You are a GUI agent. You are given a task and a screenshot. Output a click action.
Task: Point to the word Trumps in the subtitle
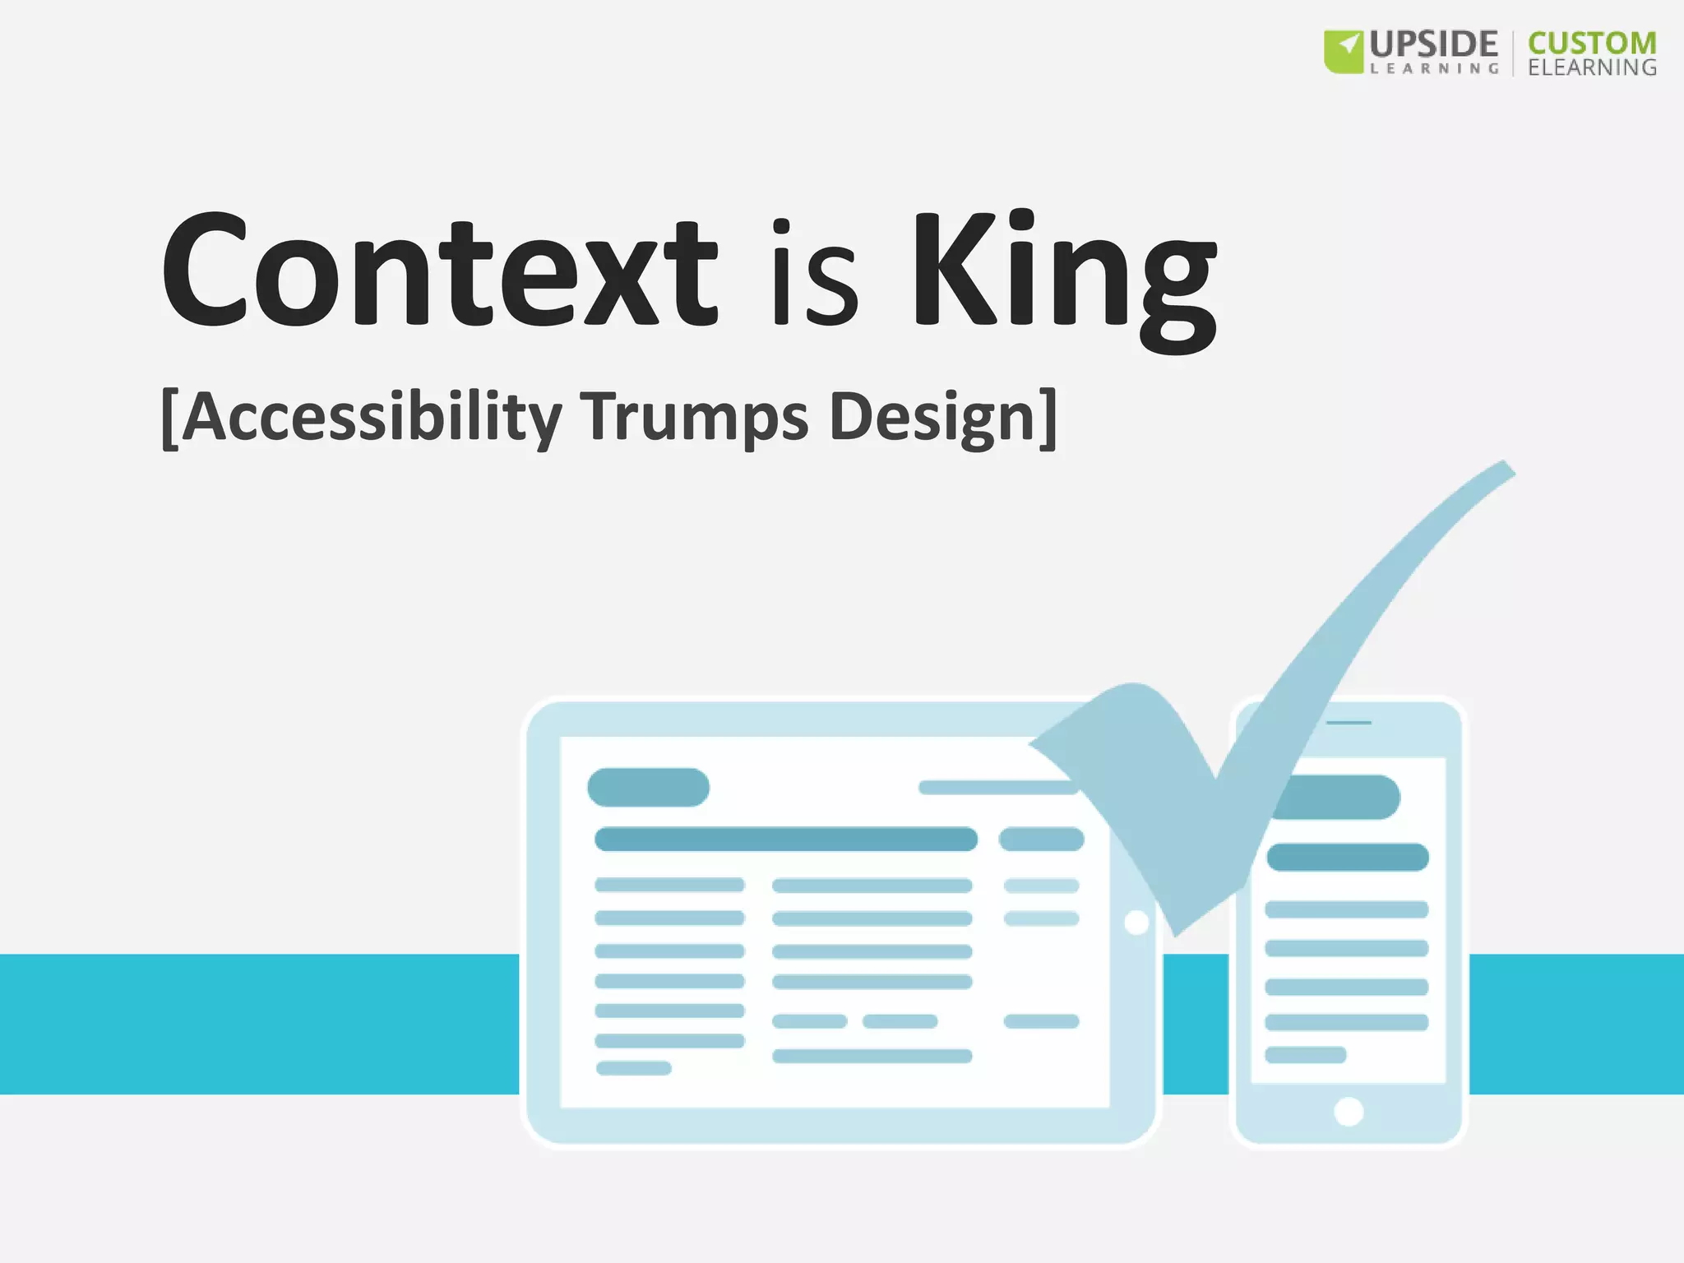pos(694,418)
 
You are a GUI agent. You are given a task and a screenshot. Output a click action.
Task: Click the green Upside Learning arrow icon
pos(1344,51)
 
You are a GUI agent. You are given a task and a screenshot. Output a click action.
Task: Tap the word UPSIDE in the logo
pos(1433,44)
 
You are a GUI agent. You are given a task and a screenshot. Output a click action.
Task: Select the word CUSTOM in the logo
pos(1592,43)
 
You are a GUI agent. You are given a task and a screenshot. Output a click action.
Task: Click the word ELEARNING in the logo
pos(1592,67)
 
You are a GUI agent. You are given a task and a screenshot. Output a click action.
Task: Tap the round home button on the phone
pos(1349,1112)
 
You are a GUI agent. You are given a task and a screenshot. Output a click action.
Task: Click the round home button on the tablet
pos(1136,923)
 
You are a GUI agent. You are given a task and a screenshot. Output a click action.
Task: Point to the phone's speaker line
pos(1349,723)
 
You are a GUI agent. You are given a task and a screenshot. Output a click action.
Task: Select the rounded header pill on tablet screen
pos(648,787)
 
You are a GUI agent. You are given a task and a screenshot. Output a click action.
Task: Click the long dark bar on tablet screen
pos(785,840)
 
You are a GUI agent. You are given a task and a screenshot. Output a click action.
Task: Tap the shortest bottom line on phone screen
pos(1305,1055)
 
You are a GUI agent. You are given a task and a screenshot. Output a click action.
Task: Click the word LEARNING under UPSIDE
pos(1434,69)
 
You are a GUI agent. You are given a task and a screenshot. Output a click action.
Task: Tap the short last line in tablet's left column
pos(633,1068)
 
